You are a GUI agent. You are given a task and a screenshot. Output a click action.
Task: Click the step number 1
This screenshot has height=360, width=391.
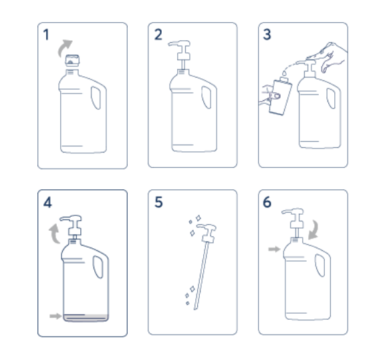click(x=46, y=34)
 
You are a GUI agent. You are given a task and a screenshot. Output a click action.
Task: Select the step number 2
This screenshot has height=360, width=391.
click(x=158, y=34)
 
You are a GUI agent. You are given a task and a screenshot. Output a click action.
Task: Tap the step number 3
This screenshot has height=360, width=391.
click(x=267, y=34)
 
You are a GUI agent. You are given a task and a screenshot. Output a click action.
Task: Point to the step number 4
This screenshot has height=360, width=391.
click(x=47, y=202)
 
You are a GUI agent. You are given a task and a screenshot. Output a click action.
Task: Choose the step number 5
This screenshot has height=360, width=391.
click(x=158, y=202)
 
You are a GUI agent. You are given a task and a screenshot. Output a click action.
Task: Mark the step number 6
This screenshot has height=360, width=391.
click(x=267, y=202)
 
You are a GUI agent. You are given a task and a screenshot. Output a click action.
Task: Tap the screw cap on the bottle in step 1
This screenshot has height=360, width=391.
click(x=72, y=60)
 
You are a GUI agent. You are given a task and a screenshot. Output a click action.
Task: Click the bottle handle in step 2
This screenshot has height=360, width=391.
click(x=207, y=98)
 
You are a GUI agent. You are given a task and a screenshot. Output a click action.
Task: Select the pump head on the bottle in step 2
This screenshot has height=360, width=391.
click(x=182, y=50)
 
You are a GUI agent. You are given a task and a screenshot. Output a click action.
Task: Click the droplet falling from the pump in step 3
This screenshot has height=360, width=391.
click(x=284, y=74)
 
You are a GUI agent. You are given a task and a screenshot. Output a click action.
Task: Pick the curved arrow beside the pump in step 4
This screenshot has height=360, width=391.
click(x=54, y=234)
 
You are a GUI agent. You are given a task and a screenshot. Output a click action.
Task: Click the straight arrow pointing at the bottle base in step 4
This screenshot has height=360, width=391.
click(x=55, y=316)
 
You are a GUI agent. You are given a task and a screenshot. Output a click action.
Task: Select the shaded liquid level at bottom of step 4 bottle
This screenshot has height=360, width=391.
click(x=86, y=317)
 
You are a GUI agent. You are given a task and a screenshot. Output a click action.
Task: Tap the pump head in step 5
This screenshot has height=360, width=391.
click(x=207, y=233)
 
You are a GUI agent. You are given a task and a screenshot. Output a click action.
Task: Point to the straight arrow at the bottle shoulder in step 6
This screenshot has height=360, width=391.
click(x=274, y=249)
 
